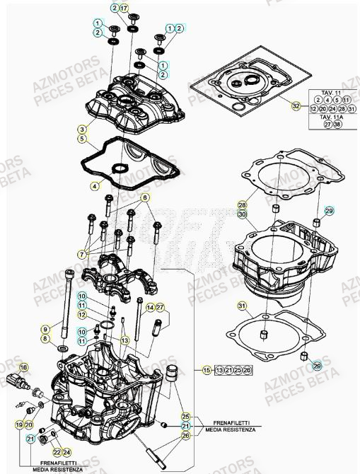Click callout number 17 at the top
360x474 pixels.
coord(124,8)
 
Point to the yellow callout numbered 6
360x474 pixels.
coord(144,197)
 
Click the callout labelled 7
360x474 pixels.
coord(83,254)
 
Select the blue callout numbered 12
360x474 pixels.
coord(83,313)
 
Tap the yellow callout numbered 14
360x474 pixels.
coord(150,307)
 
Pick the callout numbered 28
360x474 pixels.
coord(241,204)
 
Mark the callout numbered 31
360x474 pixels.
coord(241,306)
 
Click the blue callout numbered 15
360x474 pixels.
coord(207,370)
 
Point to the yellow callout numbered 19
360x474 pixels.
coord(19,424)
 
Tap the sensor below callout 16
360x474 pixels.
coord(21,386)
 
